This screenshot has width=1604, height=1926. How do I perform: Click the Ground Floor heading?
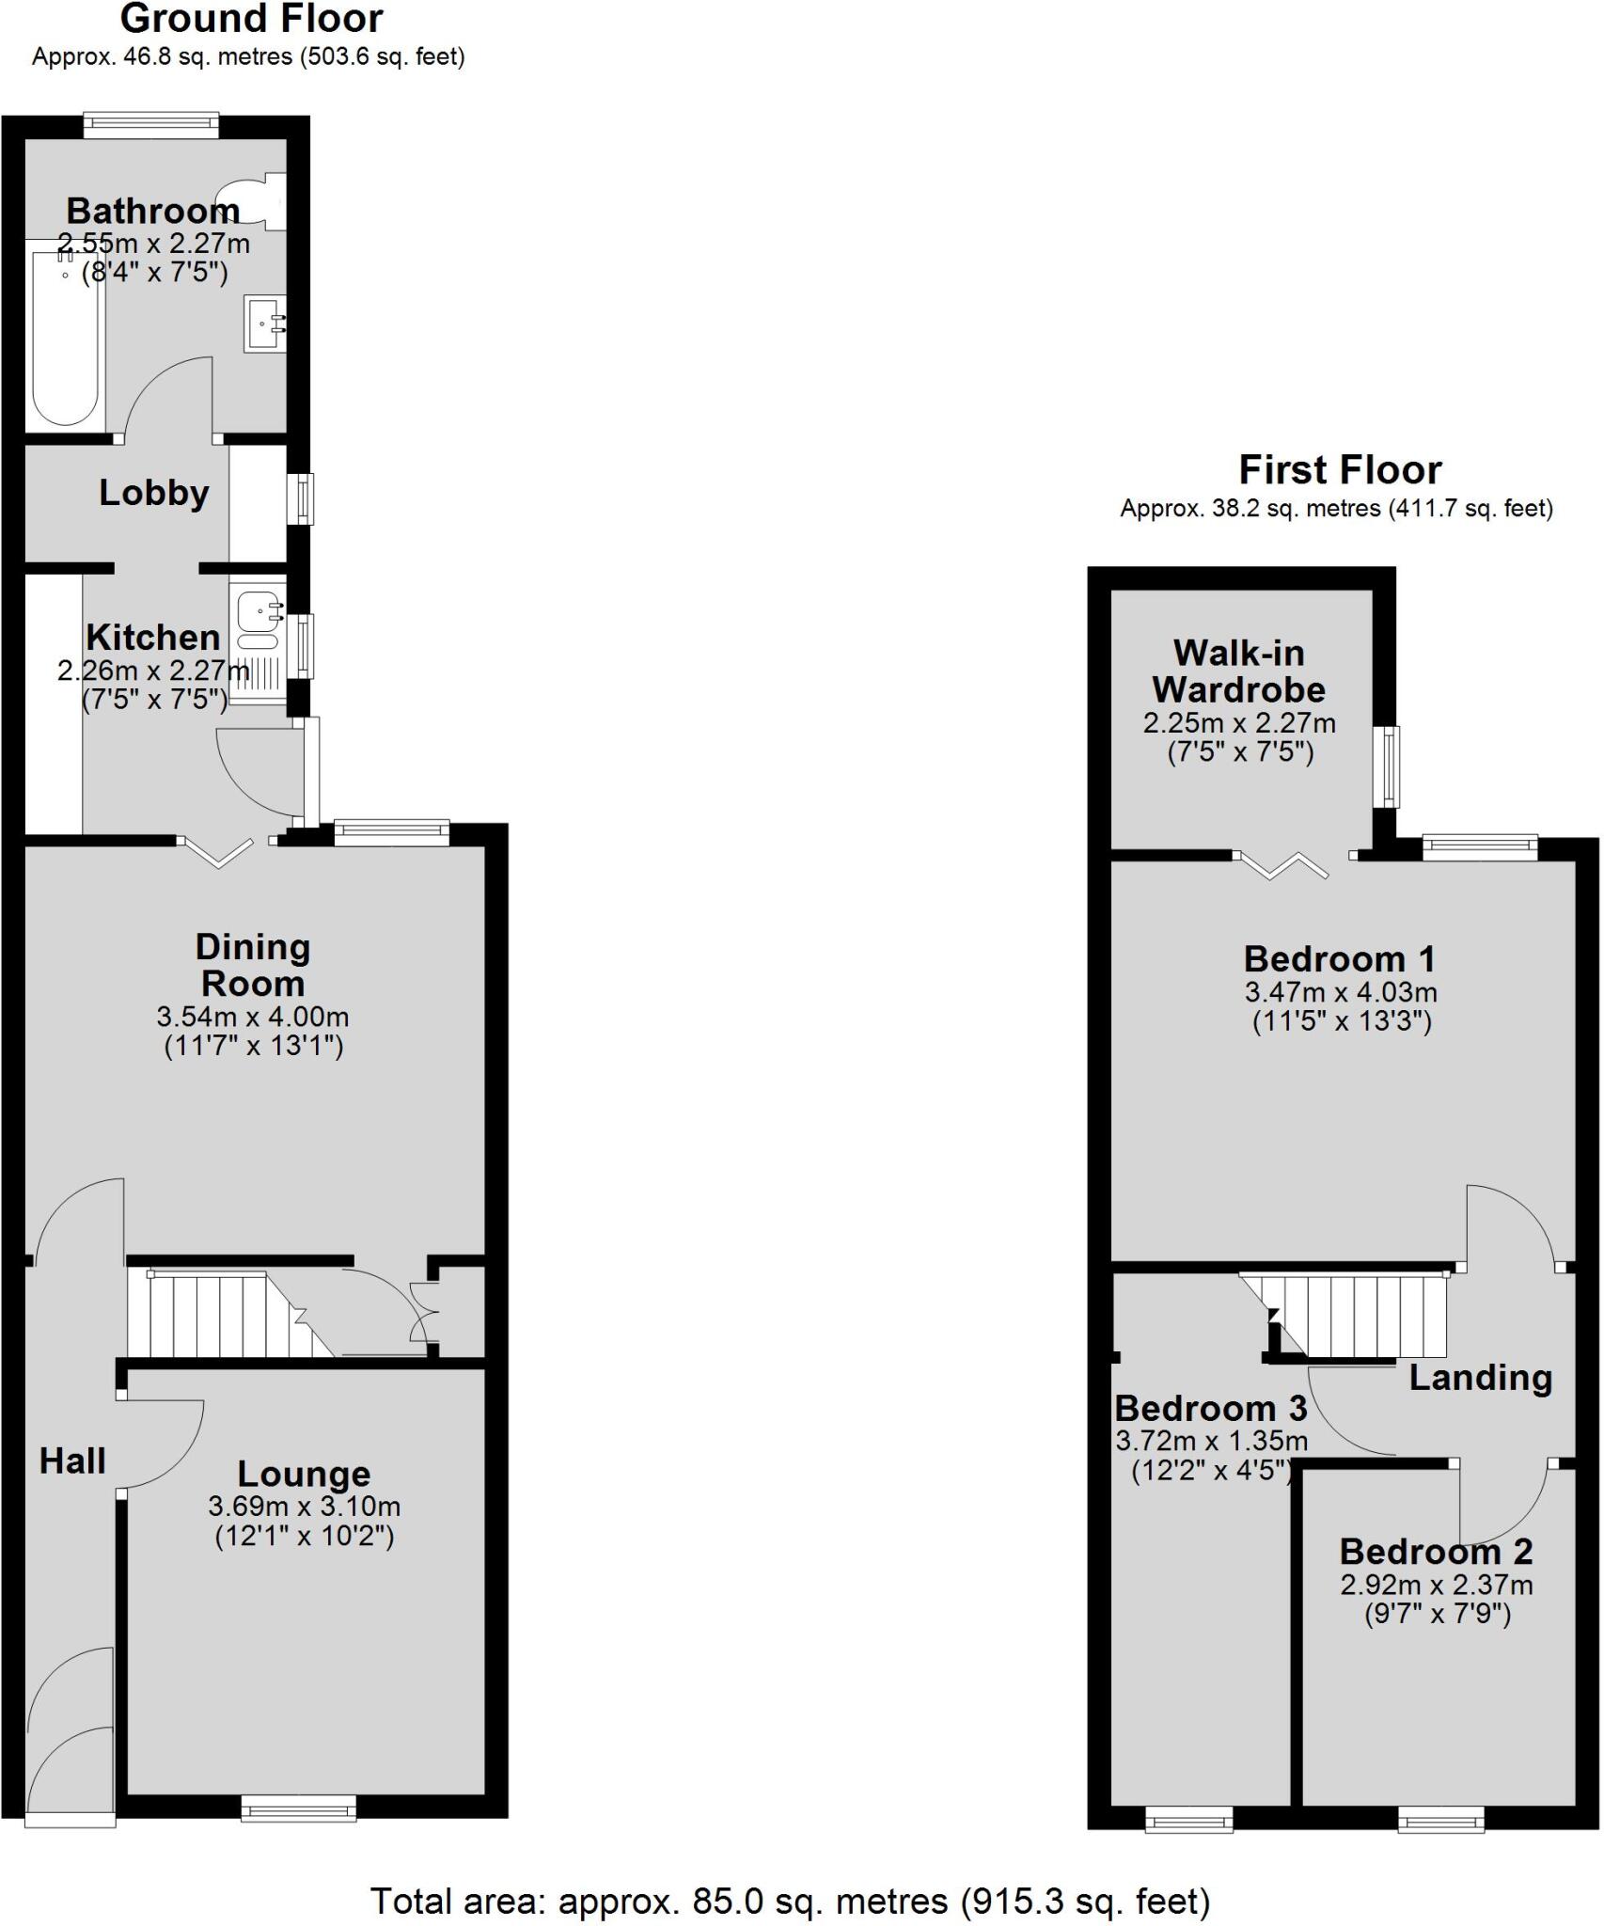(x=251, y=19)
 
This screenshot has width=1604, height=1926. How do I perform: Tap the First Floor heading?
(x=1339, y=469)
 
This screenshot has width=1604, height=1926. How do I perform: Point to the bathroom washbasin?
(x=264, y=324)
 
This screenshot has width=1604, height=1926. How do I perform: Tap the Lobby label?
(x=154, y=493)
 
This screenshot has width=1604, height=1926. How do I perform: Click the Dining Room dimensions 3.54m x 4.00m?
(x=252, y=1017)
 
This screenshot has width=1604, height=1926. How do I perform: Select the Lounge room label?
(x=304, y=1474)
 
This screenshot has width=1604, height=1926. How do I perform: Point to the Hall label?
(x=72, y=1460)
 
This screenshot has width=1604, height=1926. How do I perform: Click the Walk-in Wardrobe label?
(x=1238, y=671)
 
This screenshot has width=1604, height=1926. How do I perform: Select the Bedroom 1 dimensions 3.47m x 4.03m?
(x=1341, y=992)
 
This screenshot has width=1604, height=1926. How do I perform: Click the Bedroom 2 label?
(x=1436, y=1551)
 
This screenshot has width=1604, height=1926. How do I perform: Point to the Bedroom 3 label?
(x=1210, y=1408)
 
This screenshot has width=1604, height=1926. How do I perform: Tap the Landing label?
(x=1480, y=1378)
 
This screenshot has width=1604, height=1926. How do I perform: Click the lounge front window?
(x=299, y=1808)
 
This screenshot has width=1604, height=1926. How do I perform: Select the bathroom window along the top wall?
(x=150, y=125)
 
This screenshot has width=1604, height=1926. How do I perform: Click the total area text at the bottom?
(x=790, y=1901)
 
